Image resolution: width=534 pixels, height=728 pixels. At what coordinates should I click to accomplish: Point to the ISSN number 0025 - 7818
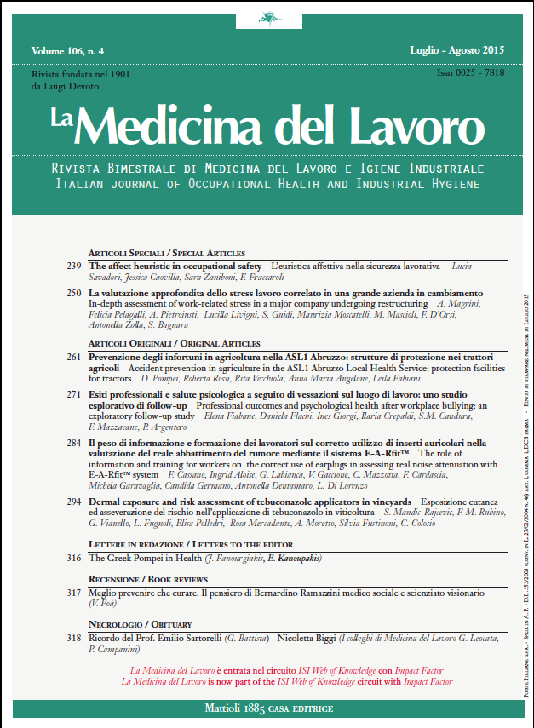click(471, 74)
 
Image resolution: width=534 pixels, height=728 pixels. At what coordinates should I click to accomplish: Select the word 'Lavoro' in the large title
click(415, 127)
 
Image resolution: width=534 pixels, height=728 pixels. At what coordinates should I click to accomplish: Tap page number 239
click(73, 267)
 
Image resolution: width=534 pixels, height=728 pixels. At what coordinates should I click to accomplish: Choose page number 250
click(73, 293)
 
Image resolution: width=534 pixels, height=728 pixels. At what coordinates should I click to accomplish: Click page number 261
click(73, 357)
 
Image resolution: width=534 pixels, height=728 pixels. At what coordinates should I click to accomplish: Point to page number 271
click(73, 397)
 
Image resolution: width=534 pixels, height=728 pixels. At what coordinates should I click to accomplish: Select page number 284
click(73, 444)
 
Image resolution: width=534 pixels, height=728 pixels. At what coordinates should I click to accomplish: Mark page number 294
click(73, 502)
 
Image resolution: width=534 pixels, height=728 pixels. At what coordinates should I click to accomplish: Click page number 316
click(73, 558)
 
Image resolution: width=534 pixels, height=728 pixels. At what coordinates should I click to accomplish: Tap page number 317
click(73, 591)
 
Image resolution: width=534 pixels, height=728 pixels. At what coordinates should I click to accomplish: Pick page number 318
click(73, 636)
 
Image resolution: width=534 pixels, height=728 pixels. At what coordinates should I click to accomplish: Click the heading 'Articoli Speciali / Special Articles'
click(167, 254)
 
